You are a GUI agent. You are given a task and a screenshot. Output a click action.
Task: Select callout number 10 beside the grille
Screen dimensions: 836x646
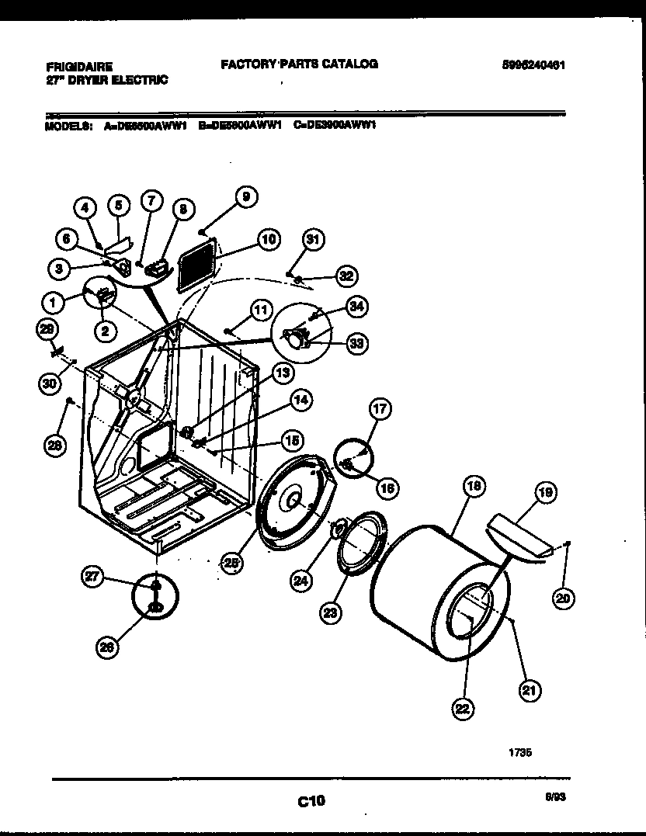(x=268, y=240)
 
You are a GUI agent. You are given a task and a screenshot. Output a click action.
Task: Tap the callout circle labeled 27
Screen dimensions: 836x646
(x=94, y=575)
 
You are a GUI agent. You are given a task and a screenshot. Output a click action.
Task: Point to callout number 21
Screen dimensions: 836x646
(x=532, y=689)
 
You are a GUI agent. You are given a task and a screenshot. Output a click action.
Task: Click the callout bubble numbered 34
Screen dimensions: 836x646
(x=357, y=307)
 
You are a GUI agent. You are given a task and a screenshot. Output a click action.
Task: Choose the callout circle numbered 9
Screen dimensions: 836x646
(x=245, y=198)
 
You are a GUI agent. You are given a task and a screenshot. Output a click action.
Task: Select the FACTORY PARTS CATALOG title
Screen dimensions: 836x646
(x=299, y=64)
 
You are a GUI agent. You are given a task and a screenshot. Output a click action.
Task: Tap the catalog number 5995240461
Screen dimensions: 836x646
(x=533, y=67)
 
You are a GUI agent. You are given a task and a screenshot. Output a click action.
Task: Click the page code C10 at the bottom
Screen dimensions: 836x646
(x=311, y=800)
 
